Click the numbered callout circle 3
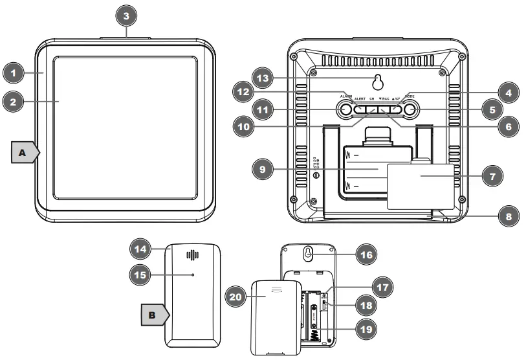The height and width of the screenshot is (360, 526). (126, 14)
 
